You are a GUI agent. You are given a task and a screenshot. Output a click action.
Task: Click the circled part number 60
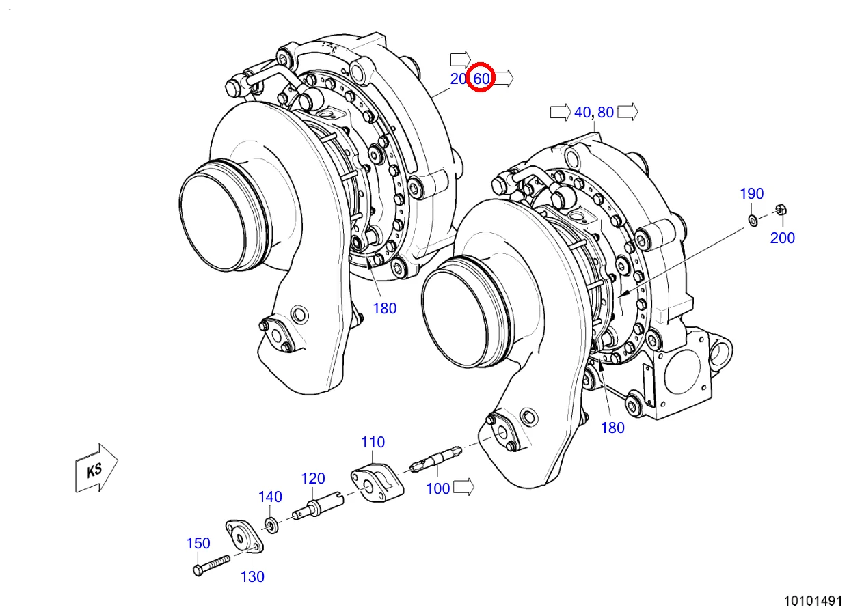click(481, 79)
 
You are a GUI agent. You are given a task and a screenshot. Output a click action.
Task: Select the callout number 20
click(458, 79)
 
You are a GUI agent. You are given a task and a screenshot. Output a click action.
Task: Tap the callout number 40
click(582, 113)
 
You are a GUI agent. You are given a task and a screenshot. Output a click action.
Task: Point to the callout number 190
click(751, 194)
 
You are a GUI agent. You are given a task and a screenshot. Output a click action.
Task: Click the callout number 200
click(783, 238)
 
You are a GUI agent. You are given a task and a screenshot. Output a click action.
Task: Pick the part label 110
click(373, 443)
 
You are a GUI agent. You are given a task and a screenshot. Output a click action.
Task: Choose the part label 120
click(313, 479)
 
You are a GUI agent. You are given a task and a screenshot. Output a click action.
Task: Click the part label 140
click(270, 497)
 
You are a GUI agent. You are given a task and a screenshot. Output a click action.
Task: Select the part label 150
click(198, 544)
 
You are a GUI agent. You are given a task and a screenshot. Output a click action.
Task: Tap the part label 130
click(252, 576)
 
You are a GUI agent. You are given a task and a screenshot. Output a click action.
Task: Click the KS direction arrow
click(95, 468)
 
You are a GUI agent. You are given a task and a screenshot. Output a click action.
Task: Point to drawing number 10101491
click(813, 602)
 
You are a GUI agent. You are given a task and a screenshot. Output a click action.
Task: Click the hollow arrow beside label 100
click(464, 487)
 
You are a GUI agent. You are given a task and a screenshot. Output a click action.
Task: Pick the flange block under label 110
click(377, 481)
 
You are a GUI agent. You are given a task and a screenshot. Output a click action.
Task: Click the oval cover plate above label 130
click(243, 538)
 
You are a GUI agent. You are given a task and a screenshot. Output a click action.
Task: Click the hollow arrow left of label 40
click(560, 112)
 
